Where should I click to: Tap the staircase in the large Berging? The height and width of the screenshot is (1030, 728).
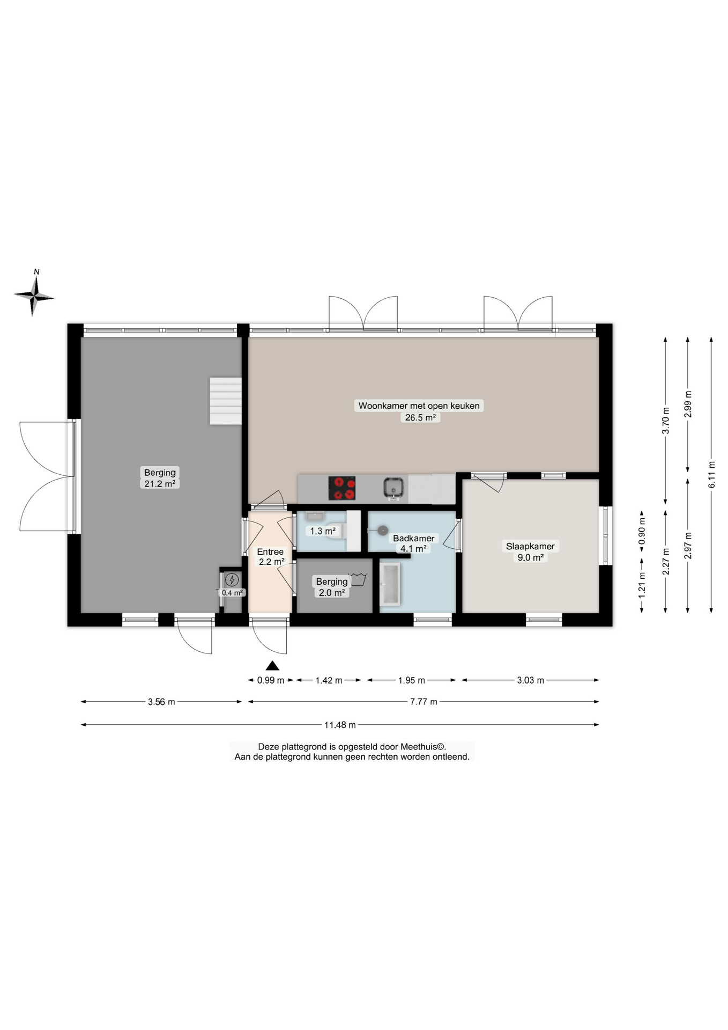226,401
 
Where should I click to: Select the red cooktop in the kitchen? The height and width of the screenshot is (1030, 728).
342,488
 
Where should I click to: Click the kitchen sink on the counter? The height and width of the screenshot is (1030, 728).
393,488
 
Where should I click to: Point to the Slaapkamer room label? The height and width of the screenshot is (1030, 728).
530,546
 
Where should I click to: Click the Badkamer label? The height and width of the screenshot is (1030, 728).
413,538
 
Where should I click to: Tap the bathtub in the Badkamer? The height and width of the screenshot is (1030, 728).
390,584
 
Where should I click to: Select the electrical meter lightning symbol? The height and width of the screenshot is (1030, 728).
232,579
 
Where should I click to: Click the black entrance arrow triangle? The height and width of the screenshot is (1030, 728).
272,666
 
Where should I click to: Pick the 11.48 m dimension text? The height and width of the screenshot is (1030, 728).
340,725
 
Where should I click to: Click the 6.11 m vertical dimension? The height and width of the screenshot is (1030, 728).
711,475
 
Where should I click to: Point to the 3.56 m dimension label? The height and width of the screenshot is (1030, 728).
161,702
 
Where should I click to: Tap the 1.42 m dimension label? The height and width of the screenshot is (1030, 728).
329,680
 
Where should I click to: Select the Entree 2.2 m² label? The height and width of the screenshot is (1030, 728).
271,556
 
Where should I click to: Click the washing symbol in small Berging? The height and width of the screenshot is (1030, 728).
358,579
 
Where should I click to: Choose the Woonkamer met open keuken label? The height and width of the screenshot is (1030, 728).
419,406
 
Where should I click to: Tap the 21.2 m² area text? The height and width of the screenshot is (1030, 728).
160,483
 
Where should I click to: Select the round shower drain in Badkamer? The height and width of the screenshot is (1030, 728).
382,530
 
